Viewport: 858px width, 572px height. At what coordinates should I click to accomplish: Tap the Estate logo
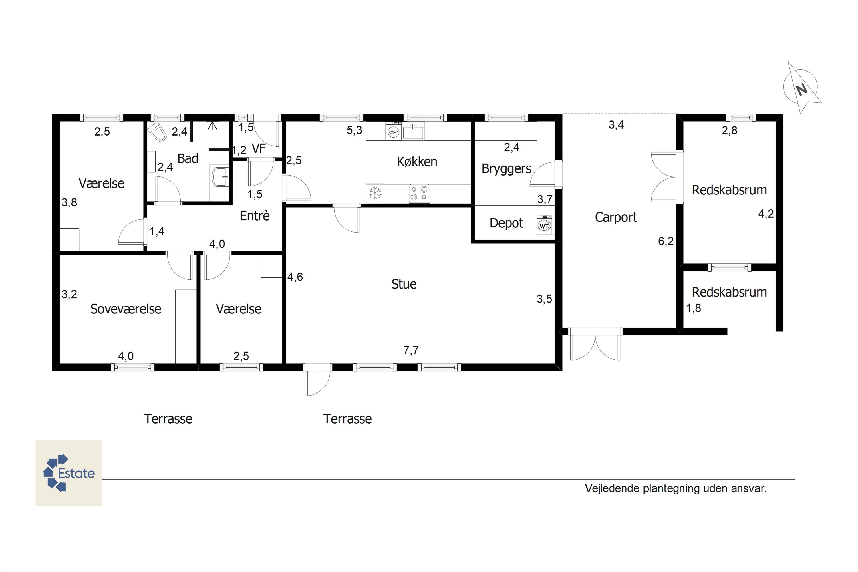pos(69,473)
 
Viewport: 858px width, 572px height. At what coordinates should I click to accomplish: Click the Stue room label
pos(404,284)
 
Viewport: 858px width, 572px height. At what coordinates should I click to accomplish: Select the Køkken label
pos(417,162)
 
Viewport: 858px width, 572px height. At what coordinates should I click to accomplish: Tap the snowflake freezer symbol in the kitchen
pos(375,193)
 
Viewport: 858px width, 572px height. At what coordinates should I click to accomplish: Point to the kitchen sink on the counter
pos(413,131)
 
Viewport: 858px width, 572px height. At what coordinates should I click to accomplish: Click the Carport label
pos(616,217)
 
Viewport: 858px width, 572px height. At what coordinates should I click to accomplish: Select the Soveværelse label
pos(126,309)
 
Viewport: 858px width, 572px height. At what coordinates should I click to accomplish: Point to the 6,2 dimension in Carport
pos(666,241)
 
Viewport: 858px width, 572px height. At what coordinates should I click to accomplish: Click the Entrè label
pos(255,215)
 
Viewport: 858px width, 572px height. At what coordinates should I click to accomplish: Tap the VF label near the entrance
pos(259,149)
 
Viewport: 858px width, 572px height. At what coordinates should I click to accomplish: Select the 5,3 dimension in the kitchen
pos(354,130)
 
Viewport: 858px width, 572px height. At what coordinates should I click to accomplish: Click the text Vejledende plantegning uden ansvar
pos(676,488)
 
